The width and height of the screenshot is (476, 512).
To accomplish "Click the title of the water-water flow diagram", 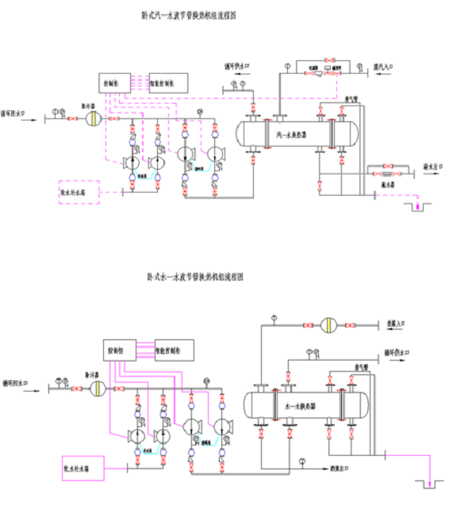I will [194, 277].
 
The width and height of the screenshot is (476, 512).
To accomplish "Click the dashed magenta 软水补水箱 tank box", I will [79, 192].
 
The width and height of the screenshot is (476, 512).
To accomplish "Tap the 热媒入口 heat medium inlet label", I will [395, 324].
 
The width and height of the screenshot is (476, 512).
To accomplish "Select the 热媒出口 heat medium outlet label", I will [341, 467].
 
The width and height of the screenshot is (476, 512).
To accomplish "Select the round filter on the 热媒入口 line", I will [328, 324].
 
